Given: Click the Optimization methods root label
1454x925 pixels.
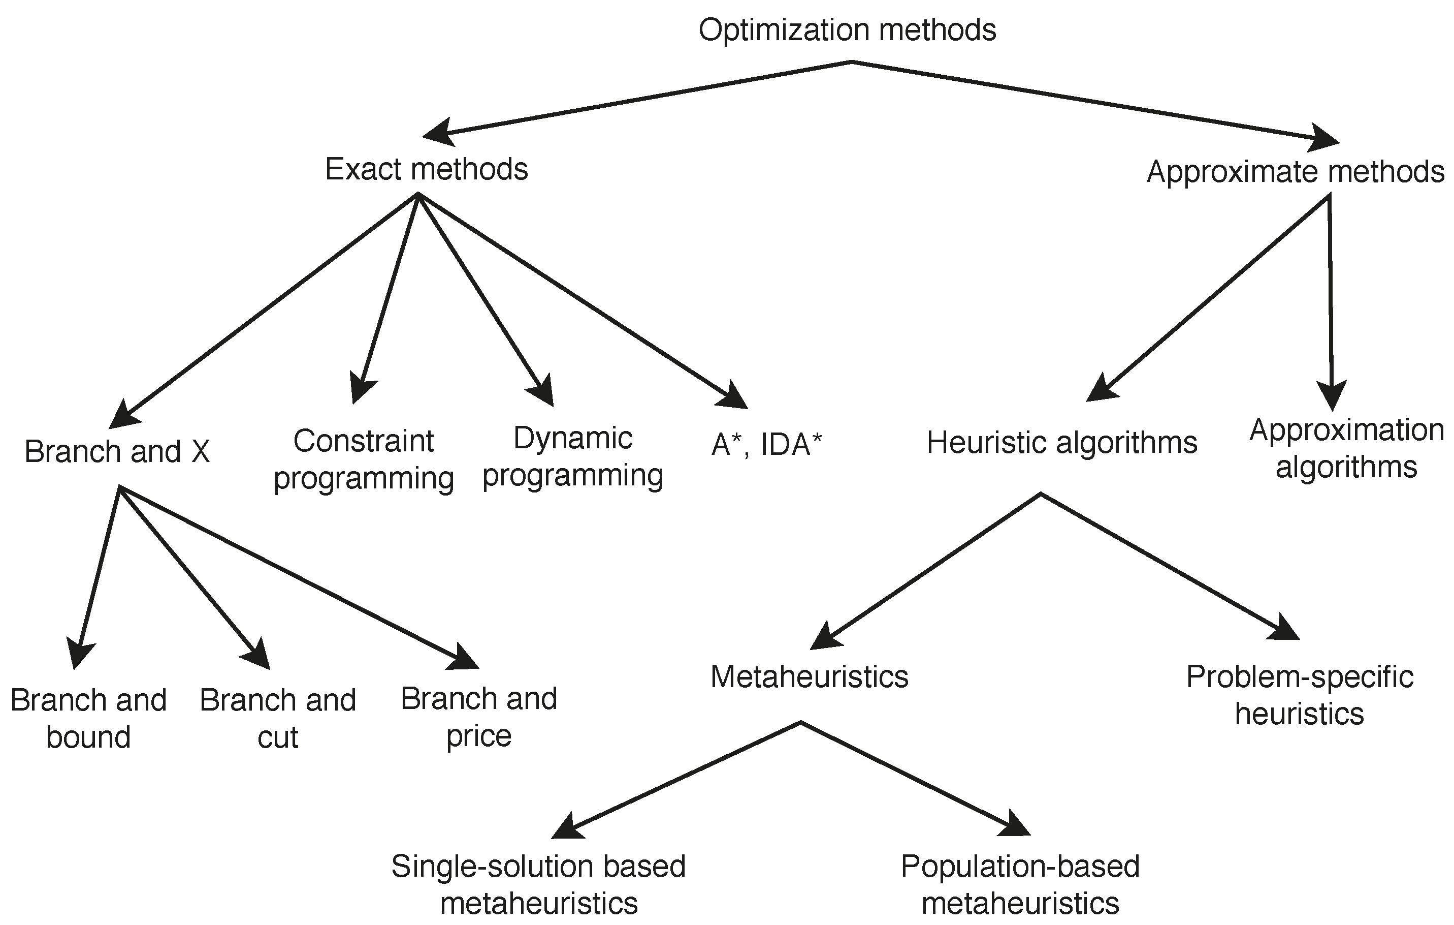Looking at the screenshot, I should tap(847, 30).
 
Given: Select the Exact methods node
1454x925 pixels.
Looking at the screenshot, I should tap(426, 169).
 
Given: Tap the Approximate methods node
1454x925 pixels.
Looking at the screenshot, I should tap(1295, 172).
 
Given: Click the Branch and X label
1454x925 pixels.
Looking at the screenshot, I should tap(117, 451).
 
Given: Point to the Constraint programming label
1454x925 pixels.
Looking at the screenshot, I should tap(364, 459).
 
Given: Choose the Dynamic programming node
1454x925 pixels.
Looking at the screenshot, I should tap(572, 456).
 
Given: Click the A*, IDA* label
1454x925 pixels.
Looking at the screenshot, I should tap(766, 445).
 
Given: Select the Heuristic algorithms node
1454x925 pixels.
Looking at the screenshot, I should tap(1061, 443).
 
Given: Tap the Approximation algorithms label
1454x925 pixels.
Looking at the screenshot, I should tap(1346, 448).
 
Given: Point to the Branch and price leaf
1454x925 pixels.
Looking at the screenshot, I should tap(479, 717).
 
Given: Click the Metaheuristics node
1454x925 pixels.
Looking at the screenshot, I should tap(809, 676).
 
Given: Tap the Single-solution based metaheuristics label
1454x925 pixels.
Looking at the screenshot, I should tap(539, 884).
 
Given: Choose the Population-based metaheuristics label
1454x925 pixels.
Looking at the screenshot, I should tap(1020, 884).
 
